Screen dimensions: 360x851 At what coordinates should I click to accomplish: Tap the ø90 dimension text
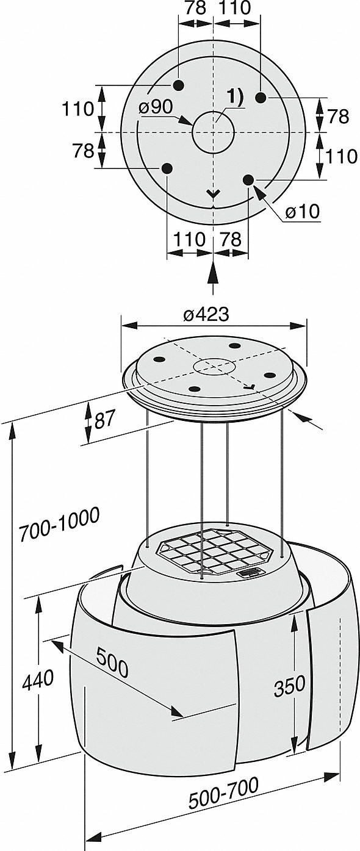coord(156,107)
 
